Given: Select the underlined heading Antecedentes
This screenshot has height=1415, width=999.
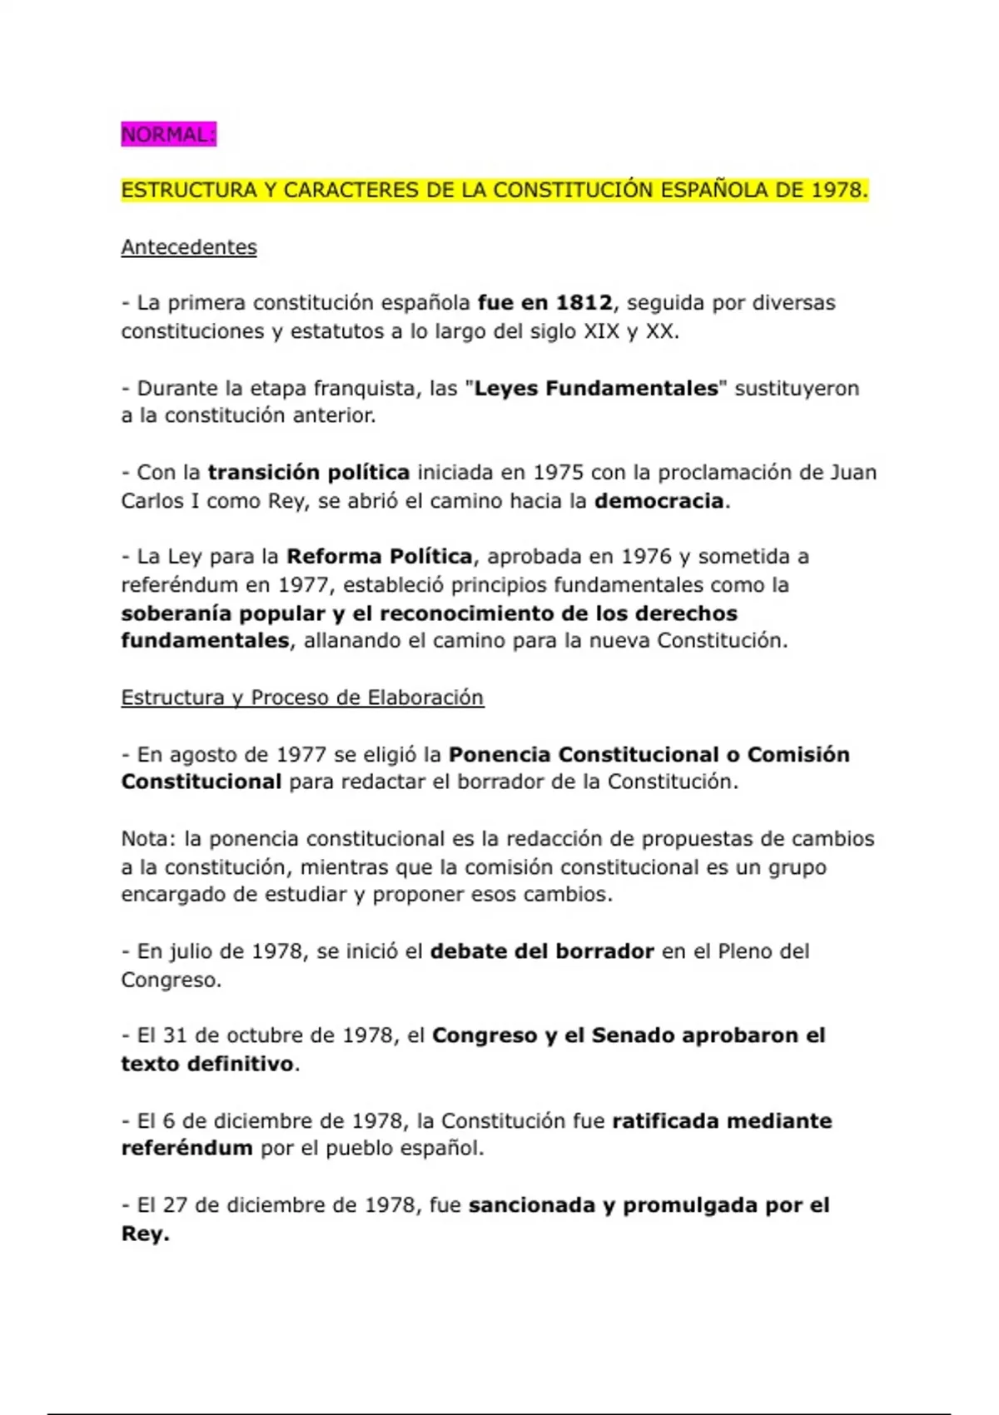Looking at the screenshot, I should click(x=189, y=247).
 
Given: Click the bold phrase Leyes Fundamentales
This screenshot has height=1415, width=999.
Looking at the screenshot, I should click(x=595, y=388).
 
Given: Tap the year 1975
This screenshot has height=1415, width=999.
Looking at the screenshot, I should click(x=558, y=473).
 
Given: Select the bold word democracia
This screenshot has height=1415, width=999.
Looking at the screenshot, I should click(x=659, y=501).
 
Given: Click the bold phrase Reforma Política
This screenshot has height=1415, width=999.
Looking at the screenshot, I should click(x=379, y=557).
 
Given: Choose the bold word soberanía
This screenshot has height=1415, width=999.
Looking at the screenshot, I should click(x=176, y=613).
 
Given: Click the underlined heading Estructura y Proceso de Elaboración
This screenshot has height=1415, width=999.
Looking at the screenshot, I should click(x=302, y=698).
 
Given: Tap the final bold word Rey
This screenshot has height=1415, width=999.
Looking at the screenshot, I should click(x=144, y=1234).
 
